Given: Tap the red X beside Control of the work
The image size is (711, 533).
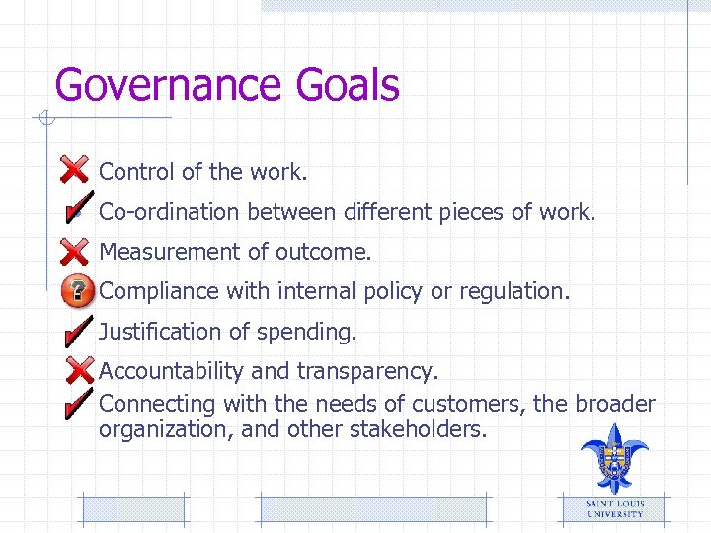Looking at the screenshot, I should [x=74, y=170].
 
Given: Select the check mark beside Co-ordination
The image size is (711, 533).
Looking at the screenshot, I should [x=75, y=210].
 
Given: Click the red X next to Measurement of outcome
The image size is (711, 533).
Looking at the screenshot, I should [x=74, y=251].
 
